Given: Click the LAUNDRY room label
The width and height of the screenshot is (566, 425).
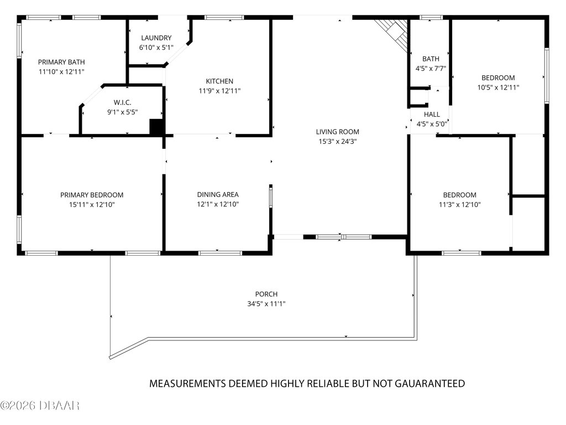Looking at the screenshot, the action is click(156, 38).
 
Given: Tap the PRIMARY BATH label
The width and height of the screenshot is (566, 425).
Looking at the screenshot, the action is click(61, 62).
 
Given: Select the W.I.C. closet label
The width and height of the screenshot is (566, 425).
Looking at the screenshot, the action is click(122, 102).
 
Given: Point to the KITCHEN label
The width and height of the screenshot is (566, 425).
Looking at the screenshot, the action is click(219, 81).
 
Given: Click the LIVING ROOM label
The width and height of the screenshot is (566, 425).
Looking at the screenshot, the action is click(338, 132).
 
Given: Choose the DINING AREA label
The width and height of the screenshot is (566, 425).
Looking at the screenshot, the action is click(218, 194).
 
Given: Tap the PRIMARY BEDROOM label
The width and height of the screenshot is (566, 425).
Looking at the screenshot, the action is click(92, 195).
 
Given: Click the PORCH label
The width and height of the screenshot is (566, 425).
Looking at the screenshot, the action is click(266, 294).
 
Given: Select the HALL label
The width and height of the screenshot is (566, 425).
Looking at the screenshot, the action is click(432, 115).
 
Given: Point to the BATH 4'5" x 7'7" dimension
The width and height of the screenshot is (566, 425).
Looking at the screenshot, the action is click(431, 68).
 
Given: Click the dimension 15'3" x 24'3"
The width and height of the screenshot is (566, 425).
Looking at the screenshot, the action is click(338, 141).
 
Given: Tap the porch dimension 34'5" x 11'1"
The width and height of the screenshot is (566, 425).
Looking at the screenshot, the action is click(266, 304).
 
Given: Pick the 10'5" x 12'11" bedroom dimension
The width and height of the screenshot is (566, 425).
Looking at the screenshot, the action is click(498, 87).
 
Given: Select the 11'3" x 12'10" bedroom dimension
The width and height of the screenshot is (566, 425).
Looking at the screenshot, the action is click(459, 205).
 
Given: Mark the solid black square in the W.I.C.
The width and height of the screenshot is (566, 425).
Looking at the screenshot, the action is click(156, 127).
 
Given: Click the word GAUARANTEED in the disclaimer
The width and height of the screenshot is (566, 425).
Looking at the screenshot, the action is click(429, 383).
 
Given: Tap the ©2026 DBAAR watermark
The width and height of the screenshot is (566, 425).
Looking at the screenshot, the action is click(40, 406).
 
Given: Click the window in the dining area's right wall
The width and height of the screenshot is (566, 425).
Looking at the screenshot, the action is click(270, 196).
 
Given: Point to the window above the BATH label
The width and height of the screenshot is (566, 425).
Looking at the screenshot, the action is click(431, 17).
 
